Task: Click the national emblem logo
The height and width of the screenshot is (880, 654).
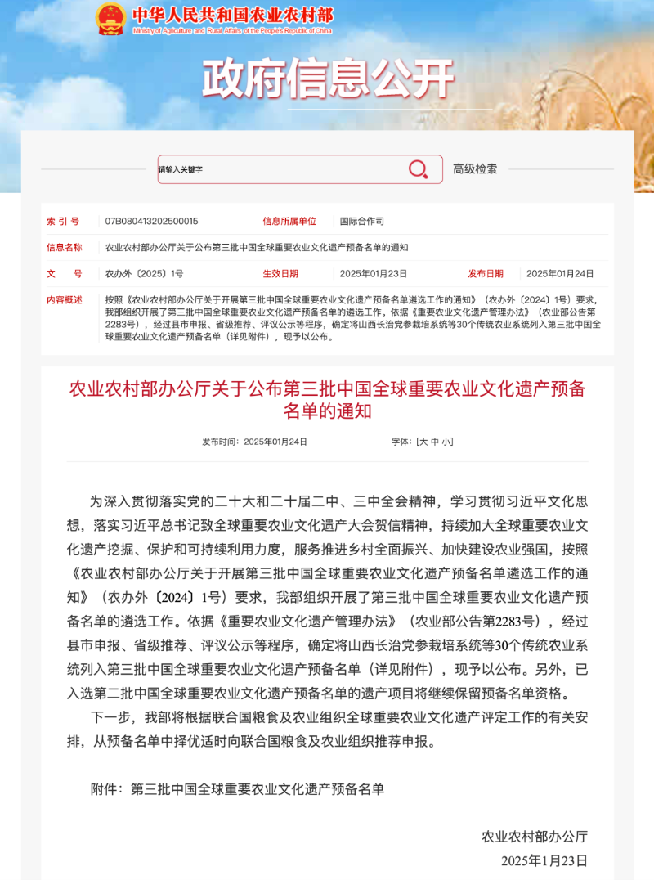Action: (110, 18)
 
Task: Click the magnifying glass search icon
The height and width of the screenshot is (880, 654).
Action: (418, 169)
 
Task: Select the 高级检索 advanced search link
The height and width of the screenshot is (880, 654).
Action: (475, 168)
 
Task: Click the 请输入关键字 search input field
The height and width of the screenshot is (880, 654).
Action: (278, 169)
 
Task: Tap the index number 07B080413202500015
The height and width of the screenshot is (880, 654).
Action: (151, 221)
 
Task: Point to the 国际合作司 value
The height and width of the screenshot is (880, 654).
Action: (361, 221)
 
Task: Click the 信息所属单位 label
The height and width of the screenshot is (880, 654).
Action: (289, 221)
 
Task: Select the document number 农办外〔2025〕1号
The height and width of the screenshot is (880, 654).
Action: (144, 274)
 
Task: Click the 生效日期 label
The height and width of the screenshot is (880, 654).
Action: (280, 274)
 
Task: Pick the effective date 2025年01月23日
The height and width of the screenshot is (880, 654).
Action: (373, 274)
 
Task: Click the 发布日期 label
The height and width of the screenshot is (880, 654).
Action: (486, 274)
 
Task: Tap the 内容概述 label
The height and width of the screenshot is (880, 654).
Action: (65, 300)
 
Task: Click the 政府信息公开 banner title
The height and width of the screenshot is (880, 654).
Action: (327, 79)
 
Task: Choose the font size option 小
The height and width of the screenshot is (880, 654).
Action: (446, 442)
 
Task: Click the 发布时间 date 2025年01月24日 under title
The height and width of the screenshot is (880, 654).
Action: (275, 442)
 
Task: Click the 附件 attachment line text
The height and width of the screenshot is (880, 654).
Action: (237, 789)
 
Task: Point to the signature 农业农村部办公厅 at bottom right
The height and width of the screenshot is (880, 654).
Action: (535, 836)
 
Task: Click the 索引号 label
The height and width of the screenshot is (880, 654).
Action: (63, 221)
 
